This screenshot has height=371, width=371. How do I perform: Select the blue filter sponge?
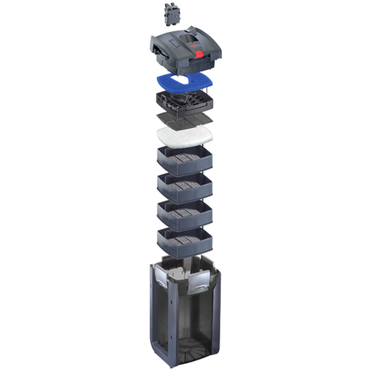tap(185, 80)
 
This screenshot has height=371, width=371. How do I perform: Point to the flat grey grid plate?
tap(185, 119)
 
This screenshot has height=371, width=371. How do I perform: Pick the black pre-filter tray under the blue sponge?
tap(185, 102)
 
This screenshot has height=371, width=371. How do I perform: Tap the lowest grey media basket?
tap(185, 241)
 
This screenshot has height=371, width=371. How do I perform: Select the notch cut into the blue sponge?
tap(185, 74)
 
